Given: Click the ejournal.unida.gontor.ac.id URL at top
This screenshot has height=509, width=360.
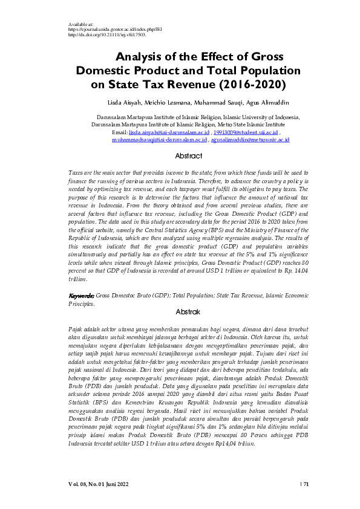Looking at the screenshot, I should coord(110,28).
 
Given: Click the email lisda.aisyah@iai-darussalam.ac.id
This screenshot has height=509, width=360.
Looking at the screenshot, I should coord(169,131).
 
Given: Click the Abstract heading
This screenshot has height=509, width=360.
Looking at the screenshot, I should coord(188,156).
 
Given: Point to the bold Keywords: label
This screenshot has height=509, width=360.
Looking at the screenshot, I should coord(82,297).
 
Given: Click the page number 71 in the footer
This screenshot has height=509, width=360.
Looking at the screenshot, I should coord(306,484).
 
